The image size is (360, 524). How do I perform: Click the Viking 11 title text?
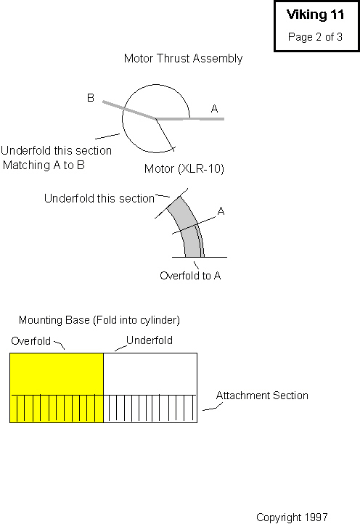click(315, 15)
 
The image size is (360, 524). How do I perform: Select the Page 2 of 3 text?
click(315, 37)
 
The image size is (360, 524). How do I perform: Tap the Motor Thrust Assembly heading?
click(183, 59)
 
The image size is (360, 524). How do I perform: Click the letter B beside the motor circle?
click(91, 97)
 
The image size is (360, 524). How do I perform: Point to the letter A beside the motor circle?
click(214, 109)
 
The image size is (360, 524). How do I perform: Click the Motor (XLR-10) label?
click(184, 168)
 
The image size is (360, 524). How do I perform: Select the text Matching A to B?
click(44, 165)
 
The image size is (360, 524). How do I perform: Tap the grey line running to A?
click(190, 118)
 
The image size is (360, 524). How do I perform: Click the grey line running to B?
click(129, 110)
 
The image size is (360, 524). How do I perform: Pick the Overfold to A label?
click(190, 276)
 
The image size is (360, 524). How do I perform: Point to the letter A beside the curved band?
click(221, 211)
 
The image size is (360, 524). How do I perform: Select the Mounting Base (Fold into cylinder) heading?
click(99, 320)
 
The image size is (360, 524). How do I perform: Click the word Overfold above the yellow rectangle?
click(30, 341)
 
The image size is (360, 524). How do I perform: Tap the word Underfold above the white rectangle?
click(150, 340)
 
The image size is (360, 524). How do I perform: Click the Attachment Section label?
click(262, 396)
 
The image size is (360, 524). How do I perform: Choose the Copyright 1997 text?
click(292, 517)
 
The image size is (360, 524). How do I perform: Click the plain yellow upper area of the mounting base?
click(57, 374)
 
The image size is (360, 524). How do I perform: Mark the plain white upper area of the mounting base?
click(150, 374)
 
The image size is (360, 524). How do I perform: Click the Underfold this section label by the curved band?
click(99, 199)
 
